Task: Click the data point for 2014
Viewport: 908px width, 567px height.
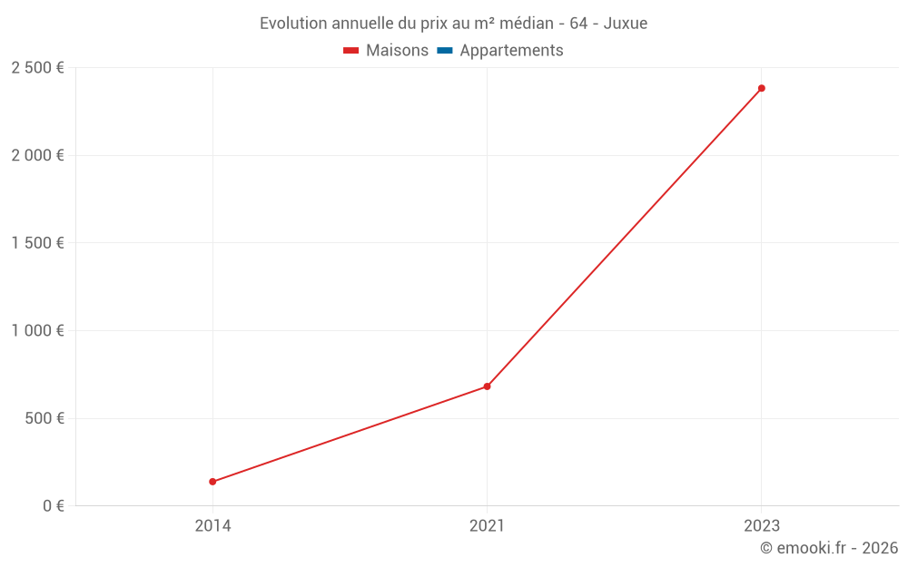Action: (212, 482)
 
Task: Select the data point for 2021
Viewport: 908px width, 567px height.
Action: (487, 386)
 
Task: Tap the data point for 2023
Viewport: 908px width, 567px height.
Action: (762, 88)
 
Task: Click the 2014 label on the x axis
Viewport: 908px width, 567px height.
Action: (212, 525)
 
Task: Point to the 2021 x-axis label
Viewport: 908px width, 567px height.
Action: (487, 525)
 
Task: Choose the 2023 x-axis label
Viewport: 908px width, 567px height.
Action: (762, 525)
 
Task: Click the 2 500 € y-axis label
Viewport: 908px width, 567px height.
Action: (37, 68)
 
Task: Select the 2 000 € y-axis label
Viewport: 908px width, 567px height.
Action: (37, 155)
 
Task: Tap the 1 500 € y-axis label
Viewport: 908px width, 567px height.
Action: (37, 243)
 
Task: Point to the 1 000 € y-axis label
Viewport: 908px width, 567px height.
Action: (37, 330)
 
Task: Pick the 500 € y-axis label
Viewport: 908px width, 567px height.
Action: (44, 418)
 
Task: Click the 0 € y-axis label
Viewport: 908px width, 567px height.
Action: (54, 505)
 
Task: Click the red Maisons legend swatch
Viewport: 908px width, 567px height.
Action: (350, 51)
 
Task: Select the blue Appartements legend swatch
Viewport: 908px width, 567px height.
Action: (445, 51)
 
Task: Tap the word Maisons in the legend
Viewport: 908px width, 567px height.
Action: (398, 50)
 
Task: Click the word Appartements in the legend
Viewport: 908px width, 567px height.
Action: (511, 51)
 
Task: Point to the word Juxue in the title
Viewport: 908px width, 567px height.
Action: (626, 24)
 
